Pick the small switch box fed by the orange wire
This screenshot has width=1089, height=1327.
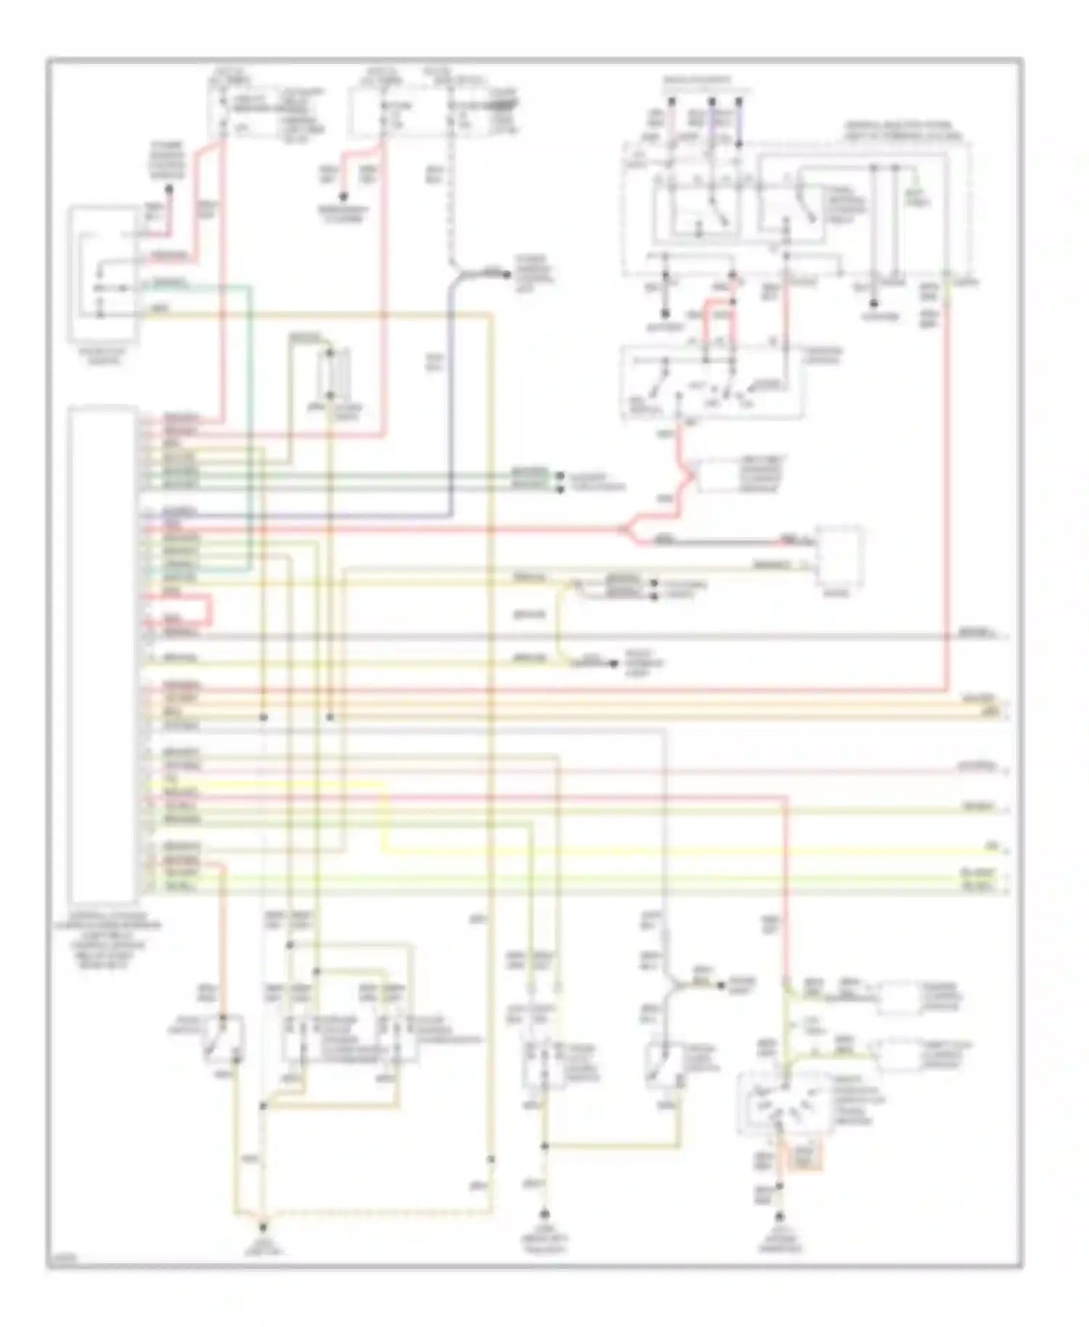coord(222,1045)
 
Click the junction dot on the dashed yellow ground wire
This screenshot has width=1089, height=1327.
coord(491,1159)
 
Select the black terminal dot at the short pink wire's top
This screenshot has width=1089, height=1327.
coord(168,190)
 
